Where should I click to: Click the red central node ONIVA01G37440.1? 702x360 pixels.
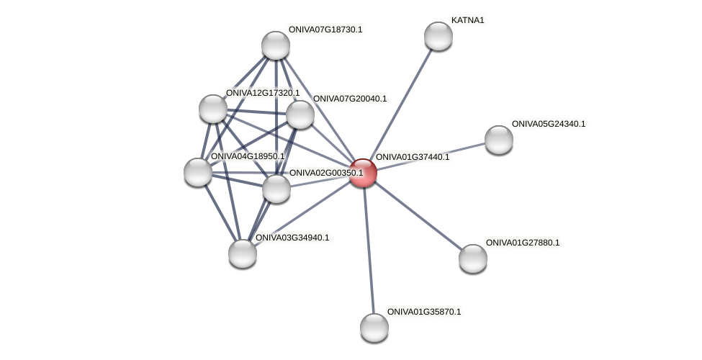point(363,173)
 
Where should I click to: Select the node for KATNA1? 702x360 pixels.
point(438,36)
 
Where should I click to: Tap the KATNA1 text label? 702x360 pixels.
point(467,20)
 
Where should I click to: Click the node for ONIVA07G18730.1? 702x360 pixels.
point(276,45)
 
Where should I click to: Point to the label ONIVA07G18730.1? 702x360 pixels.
point(325,30)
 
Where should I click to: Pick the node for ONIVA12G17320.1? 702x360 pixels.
point(213,109)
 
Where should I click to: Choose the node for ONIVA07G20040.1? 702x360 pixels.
point(300,114)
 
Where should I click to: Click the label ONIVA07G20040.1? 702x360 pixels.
point(349,99)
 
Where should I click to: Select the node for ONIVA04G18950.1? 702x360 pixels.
point(198,172)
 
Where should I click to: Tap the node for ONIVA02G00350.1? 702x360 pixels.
point(276,189)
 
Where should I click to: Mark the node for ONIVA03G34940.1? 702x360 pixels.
point(243,253)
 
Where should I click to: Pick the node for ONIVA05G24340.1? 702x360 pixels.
point(498,140)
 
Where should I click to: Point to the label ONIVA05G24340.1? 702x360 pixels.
point(548,124)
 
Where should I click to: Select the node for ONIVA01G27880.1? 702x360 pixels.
point(473,258)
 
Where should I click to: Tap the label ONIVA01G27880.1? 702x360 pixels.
point(522,243)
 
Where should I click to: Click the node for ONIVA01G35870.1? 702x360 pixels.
point(374,328)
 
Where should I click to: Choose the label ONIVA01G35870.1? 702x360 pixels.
point(423,312)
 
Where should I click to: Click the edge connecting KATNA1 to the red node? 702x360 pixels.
point(400,104)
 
